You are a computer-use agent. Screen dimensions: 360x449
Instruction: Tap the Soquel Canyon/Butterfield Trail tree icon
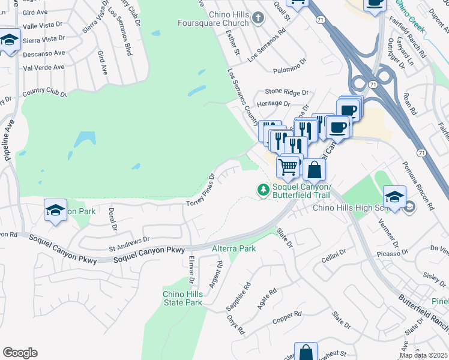coord(263,190)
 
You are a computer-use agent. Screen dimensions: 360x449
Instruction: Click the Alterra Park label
coord(234,248)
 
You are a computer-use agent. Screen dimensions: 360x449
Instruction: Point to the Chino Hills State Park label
coord(182,298)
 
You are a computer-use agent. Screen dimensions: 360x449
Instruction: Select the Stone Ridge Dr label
coord(287,93)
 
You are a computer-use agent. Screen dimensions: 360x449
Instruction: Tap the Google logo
coord(20,352)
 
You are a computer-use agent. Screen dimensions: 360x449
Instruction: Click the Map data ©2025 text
coord(423,355)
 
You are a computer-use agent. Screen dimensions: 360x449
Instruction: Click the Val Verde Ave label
coord(43,68)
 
